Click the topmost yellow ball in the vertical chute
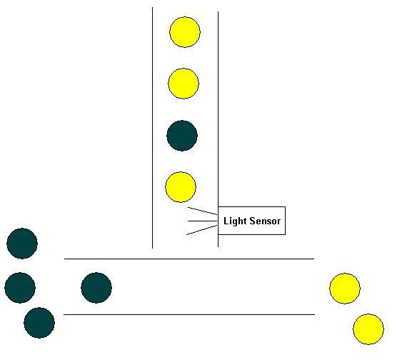coord(185,32)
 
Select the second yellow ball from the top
coord(184,84)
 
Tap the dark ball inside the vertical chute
coord(182,136)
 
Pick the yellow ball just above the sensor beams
coord(181,187)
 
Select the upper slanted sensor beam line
coord(202,211)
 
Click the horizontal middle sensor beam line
coord(203,221)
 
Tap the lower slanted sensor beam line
coord(202,230)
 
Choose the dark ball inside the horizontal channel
coord(96,288)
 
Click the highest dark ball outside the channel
coord(22,244)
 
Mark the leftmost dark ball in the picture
coord(20,288)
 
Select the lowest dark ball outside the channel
coord(39,323)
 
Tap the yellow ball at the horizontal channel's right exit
coord(345,289)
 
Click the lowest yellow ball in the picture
coord(368,329)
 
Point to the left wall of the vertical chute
coord(152,128)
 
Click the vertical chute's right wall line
coord(218,129)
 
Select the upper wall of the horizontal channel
coord(189,259)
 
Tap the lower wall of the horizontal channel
coord(189,315)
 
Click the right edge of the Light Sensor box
coord(286,221)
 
